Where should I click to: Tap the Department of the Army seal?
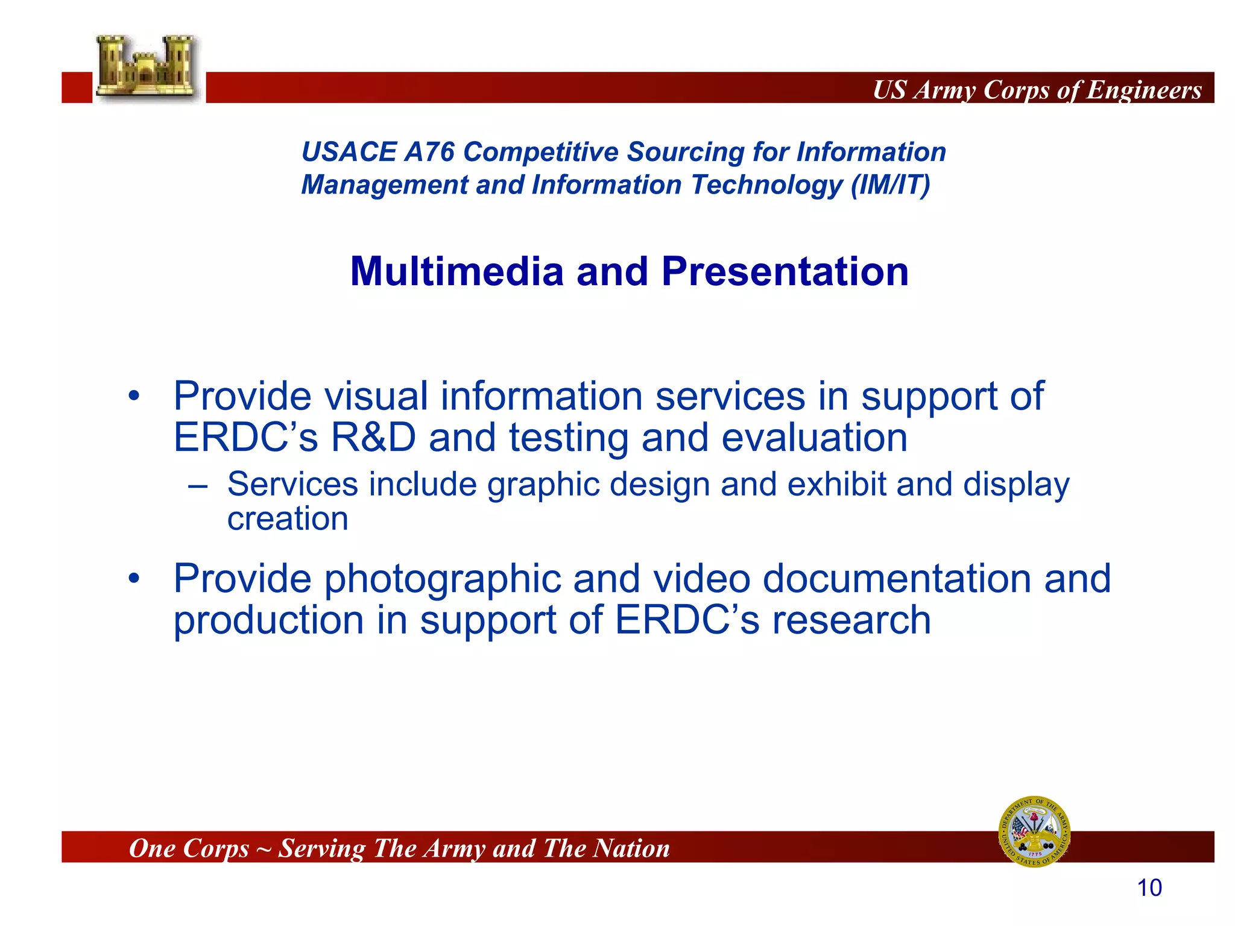(x=1035, y=831)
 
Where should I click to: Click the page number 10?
(x=1149, y=888)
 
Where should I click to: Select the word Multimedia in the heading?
(x=456, y=272)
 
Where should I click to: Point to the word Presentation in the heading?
(x=785, y=272)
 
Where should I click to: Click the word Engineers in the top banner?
(x=1144, y=90)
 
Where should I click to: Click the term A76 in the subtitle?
(x=429, y=152)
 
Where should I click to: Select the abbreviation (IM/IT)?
(x=890, y=185)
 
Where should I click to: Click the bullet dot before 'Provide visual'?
(x=134, y=397)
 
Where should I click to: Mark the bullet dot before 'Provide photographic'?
(x=134, y=579)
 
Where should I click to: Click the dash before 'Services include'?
(x=198, y=486)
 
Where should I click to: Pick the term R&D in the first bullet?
(x=373, y=437)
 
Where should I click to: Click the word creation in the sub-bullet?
(x=288, y=519)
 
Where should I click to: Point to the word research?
(x=851, y=620)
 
